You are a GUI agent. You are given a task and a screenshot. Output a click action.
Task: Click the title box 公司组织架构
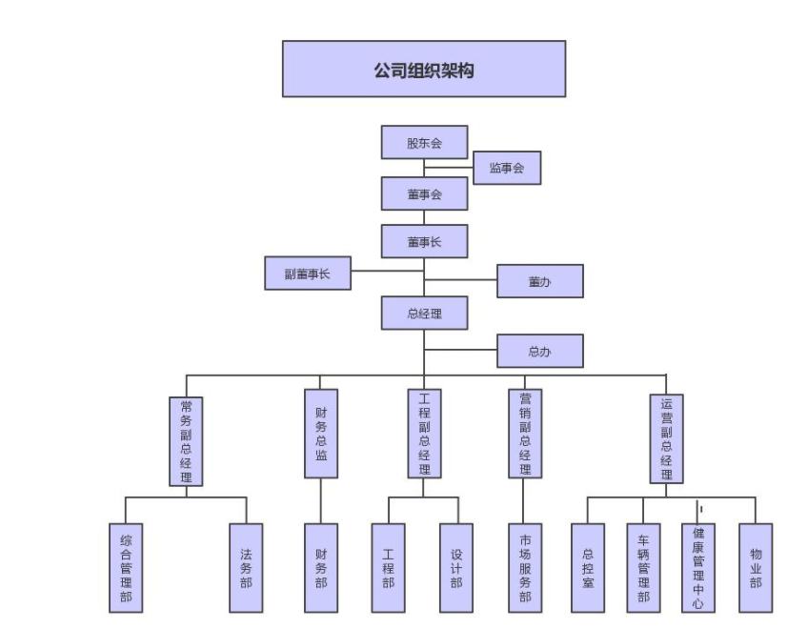(424, 69)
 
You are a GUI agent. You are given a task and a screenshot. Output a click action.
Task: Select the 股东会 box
(424, 143)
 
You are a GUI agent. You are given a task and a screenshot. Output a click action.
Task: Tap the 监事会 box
(507, 168)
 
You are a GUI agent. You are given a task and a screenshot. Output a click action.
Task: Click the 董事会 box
(424, 193)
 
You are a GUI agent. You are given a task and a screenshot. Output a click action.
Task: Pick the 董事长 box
(424, 242)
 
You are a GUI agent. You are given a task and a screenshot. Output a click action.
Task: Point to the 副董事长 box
(307, 274)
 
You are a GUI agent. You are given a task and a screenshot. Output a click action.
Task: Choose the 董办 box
(539, 281)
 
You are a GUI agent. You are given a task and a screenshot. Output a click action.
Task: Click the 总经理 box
(424, 312)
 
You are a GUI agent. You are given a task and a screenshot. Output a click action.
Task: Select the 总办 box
(539, 352)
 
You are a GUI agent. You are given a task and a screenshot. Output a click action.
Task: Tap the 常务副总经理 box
(186, 441)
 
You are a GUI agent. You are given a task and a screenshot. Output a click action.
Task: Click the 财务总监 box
(321, 434)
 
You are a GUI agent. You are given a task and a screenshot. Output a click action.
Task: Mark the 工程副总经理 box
(424, 434)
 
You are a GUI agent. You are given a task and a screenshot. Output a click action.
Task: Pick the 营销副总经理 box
(525, 434)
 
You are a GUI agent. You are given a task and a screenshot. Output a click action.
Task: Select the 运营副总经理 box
(666, 439)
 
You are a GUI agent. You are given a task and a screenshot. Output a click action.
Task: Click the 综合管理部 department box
(126, 567)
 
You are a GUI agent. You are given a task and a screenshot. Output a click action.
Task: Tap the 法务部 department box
(246, 567)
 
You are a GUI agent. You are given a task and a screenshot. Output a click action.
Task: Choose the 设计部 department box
(456, 567)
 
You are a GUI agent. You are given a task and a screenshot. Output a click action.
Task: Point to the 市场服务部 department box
(525, 567)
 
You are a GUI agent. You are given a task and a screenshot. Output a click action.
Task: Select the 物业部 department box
(755, 567)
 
